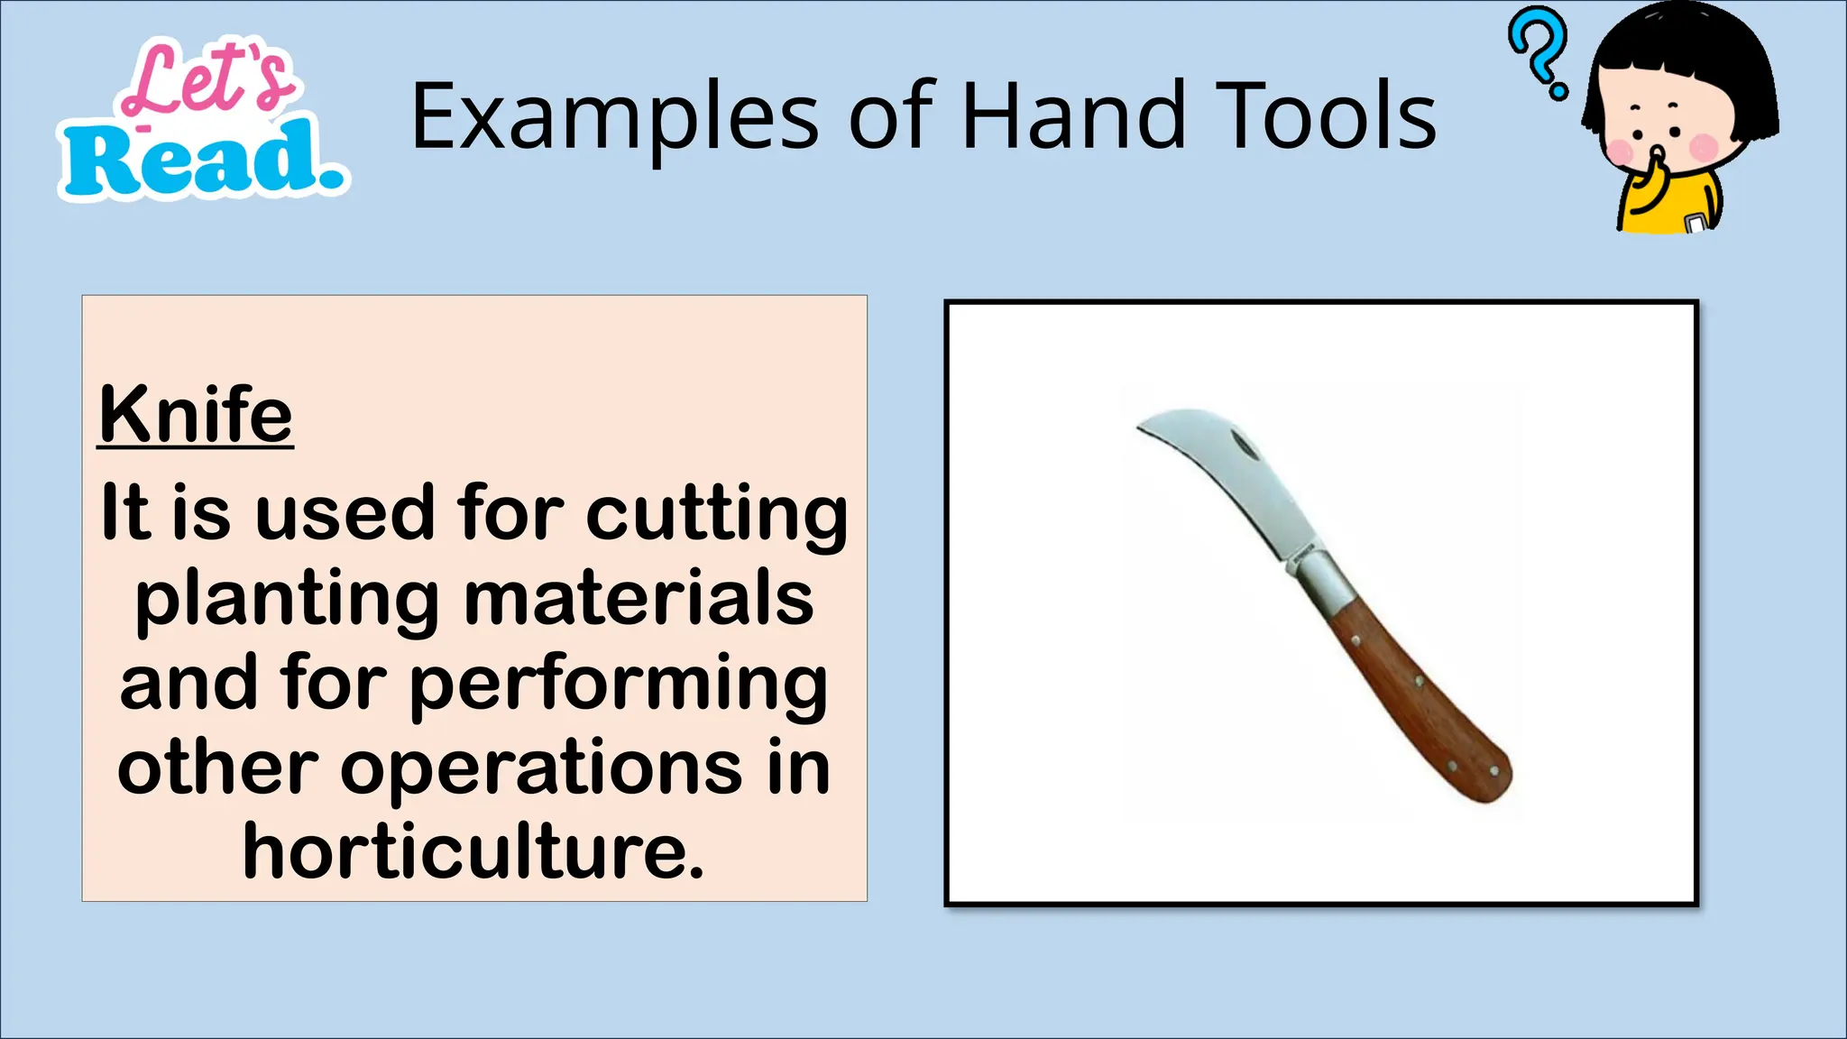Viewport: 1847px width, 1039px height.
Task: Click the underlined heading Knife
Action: pos(196,415)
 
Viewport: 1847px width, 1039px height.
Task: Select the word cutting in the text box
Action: pos(717,514)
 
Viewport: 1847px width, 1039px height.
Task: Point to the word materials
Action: pos(639,599)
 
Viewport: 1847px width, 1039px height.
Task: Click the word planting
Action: pos(287,599)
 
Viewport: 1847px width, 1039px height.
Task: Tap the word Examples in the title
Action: pos(614,117)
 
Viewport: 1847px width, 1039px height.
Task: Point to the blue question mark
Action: pos(1539,50)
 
